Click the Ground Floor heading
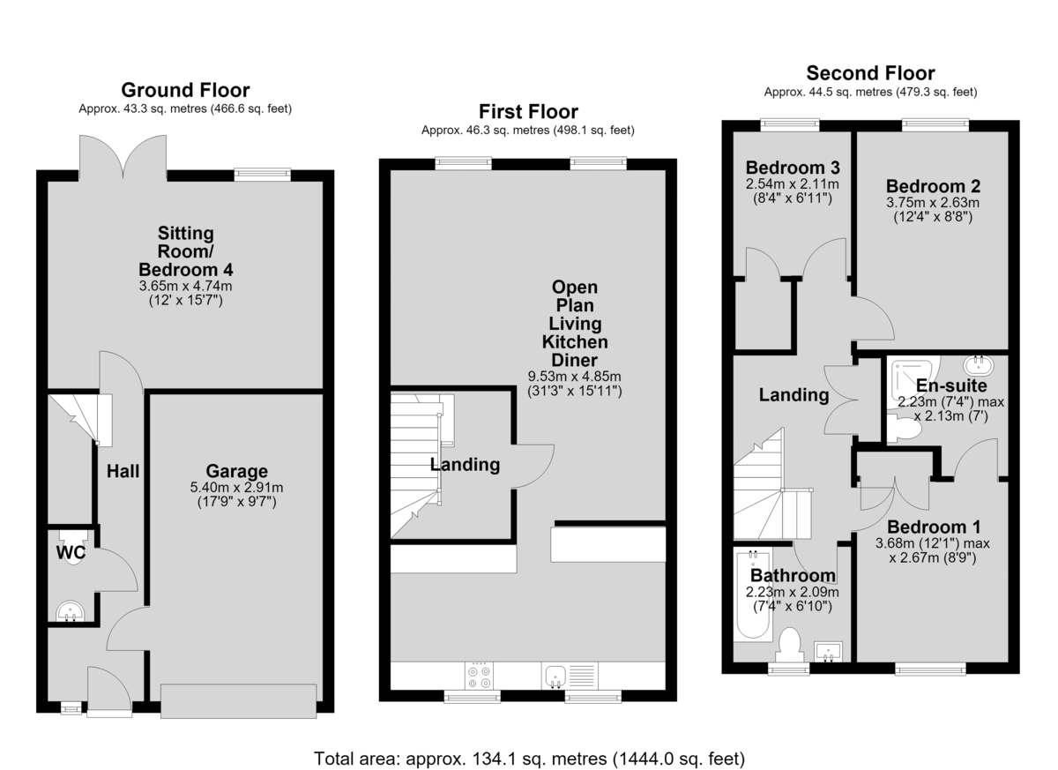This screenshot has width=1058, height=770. click(185, 90)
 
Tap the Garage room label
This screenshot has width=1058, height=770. click(236, 471)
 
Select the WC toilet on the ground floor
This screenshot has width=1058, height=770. click(73, 547)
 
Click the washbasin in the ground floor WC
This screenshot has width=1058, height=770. click(71, 612)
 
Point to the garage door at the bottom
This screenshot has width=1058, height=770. click(239, 701)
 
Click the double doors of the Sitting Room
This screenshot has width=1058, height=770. click(123, 157)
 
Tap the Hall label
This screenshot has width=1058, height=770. click(123, 471)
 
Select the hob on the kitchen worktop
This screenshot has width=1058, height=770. click(479, 676)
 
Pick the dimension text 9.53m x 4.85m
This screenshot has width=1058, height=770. click(574, 377)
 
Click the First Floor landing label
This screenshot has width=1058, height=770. click(465, 464)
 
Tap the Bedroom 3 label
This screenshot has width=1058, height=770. click(793, 168)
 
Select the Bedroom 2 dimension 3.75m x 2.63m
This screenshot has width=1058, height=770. click(933, 202)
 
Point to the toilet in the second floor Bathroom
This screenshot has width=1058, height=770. click(789, 645)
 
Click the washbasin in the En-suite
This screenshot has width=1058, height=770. click(978, 364)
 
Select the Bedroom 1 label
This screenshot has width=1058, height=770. click(934, 527)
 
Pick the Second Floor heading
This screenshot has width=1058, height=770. click(870, 72)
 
